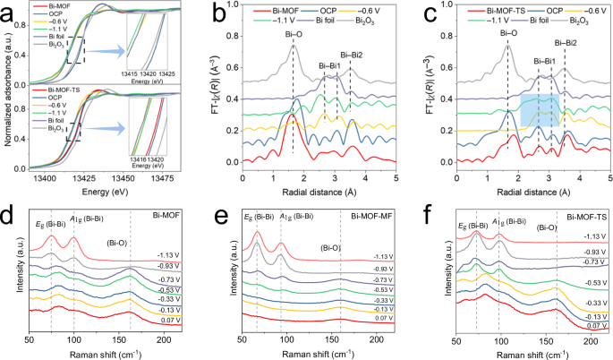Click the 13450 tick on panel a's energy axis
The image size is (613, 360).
[x=140, y=178]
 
